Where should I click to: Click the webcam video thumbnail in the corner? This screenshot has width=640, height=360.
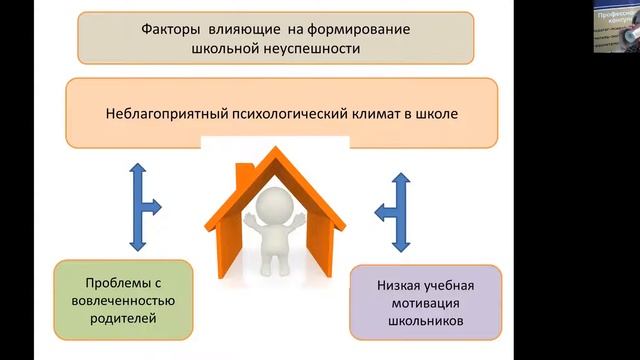(614, 26)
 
